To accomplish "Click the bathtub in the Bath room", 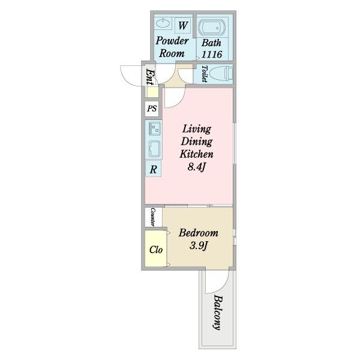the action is click(212, 28).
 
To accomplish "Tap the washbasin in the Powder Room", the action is click(163, 23).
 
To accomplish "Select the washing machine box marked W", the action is click(183, 25).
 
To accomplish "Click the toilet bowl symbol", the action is click(221, 73).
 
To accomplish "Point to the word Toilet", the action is click(204, 74).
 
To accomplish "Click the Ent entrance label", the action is click(149, 77).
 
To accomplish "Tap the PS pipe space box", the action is click(152, 108).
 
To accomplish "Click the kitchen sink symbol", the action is click(154, 149).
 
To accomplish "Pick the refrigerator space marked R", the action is click(154, 169).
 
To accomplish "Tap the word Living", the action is click(197, 129).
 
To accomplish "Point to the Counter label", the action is click(152, 217).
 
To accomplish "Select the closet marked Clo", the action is click(155, 249).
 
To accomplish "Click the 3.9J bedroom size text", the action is click(199, 246).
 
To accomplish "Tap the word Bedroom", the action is click(199, 233).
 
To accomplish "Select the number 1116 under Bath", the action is click(212, 55).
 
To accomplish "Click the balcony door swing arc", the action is click(220, 284).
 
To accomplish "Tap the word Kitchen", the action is click(196, 154).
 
